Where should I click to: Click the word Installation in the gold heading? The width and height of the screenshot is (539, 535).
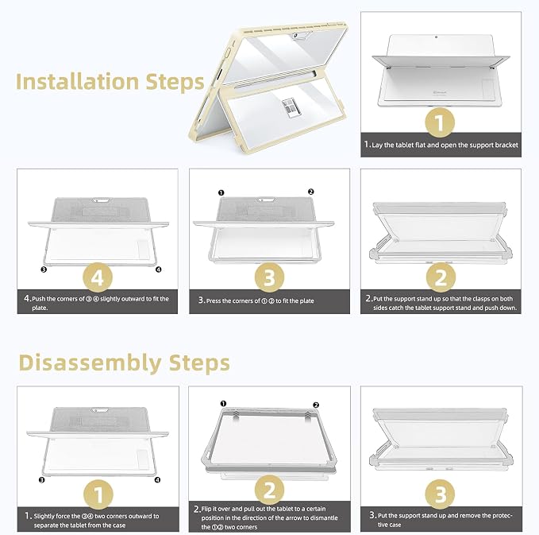click(77, 82)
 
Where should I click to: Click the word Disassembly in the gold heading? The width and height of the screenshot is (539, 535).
click(90, 363)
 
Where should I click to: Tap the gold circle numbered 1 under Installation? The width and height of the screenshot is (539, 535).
click(440, 122)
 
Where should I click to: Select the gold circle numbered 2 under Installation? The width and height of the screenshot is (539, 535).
click(441, 277)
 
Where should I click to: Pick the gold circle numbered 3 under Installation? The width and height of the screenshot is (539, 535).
click(270, 277)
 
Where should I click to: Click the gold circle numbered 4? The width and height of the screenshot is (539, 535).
click(98, 277)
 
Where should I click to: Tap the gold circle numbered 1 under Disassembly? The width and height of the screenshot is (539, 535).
click(98, 494)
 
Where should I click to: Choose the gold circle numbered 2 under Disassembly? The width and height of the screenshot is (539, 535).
click(270, 490)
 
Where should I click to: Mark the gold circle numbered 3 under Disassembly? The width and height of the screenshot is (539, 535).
click(440, 494)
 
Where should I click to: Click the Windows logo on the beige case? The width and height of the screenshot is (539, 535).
click(291, 108)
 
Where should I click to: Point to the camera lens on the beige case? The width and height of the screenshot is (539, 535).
click(295, 36)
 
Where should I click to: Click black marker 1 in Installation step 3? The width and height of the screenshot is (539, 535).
click(221, 193)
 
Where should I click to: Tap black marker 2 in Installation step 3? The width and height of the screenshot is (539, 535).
click(310, 192)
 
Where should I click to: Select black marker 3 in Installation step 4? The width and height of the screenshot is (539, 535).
click(44, 269)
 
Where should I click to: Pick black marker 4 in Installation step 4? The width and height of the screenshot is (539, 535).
click(159, 269)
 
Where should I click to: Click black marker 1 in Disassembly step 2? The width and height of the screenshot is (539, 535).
click(223, 404)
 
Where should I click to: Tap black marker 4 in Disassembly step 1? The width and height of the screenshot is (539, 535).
click(157, 480)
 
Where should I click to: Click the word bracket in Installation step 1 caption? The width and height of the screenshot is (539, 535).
click(506, 145)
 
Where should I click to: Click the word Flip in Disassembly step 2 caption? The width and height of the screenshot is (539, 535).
click(206, 509)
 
